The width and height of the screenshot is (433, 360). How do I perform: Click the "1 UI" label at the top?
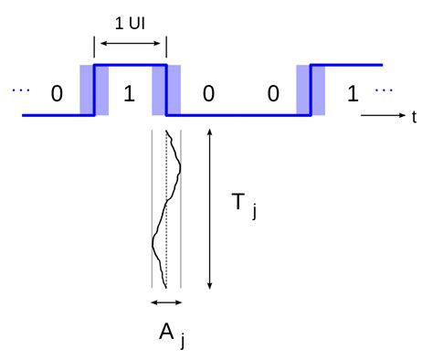click(x=129, y=22)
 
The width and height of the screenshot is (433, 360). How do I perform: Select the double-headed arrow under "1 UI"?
click(x=130, y=43)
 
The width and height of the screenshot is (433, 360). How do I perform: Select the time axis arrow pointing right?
click(x=383, y=116)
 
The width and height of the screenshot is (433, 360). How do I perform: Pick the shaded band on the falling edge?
click(x=166, y=90)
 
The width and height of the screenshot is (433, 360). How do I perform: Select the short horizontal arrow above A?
click(x=166, y=302)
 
